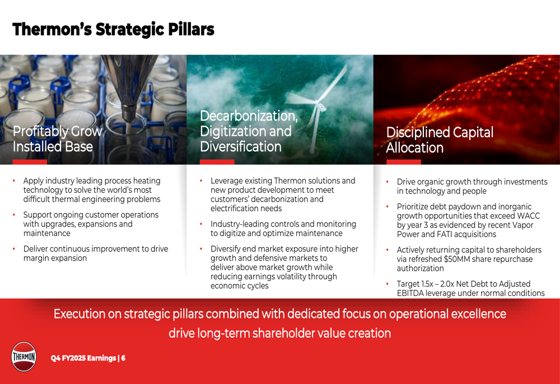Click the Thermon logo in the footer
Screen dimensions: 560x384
point(24,357)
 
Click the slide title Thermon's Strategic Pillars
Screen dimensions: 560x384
point(113,29)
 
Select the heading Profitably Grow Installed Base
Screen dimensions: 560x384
point(58,139)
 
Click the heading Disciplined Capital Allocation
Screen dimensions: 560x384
point(440,140)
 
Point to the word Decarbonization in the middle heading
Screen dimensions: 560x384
point(249,116)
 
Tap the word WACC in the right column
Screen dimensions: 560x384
point(528,216)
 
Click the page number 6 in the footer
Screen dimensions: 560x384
point(123,358)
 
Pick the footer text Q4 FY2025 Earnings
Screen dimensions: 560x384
point(83,358)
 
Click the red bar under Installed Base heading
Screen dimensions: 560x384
point(30,162)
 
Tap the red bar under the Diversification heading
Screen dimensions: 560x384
point(217,162)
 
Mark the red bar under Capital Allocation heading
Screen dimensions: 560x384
point(404,162)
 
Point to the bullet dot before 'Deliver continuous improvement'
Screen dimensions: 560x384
point(14,249)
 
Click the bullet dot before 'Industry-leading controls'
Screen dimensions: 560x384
point(201,224)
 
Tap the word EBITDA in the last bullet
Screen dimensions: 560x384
point(410,293)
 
